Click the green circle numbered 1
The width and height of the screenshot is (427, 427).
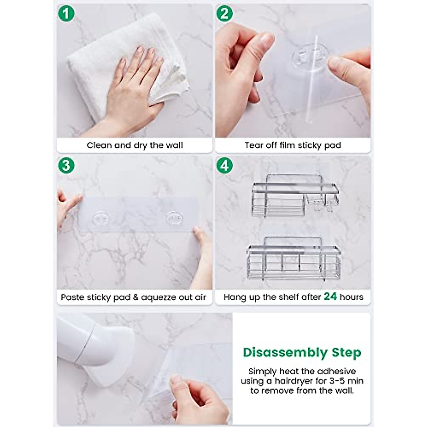[x=66, y=14]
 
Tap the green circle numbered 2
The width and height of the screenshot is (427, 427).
[x=225, y=14]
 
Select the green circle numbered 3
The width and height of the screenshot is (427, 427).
[x=66, y=166]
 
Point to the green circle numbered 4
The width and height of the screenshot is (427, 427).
[x=225, y=166]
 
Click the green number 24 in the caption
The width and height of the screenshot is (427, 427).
[x=330, y=296]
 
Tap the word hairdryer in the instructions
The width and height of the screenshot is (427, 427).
[x=292, y=381]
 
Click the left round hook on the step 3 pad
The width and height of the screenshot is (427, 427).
[x=101, y=218]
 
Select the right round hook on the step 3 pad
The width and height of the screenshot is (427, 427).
[x=175, y=218]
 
